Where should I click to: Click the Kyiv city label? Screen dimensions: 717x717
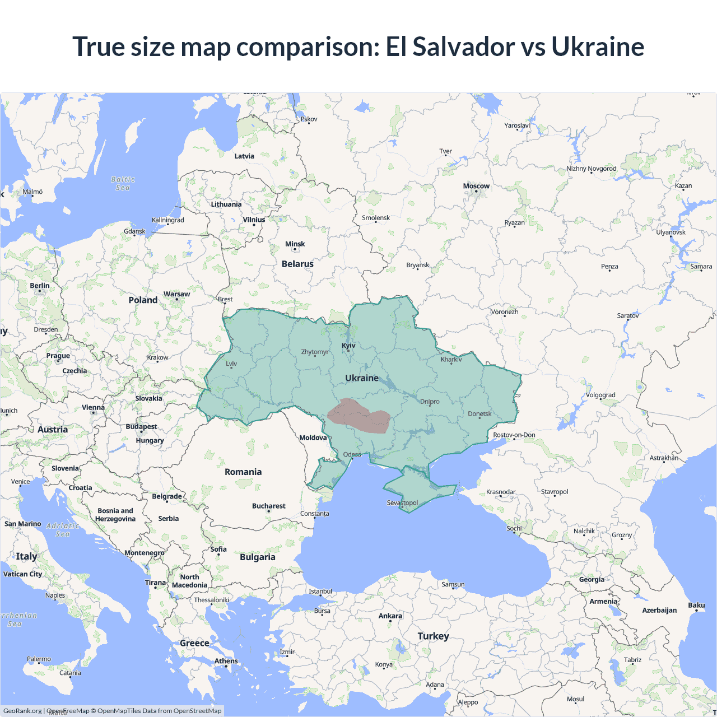coord(348,346)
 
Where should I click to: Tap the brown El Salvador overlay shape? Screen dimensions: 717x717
coord(358,416)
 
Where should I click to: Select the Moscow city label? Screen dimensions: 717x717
coord(476,186)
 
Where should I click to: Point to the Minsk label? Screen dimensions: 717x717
coord(295,244)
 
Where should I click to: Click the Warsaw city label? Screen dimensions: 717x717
coord(176,294)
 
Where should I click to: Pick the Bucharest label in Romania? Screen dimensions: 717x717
coord(268,506)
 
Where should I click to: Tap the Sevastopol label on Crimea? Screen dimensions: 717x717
coord(402,502)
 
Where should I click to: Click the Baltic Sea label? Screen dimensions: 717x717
coord(123,184)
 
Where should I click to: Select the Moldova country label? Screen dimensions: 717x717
coord(313,437)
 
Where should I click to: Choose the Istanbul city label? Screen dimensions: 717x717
coord(320,592)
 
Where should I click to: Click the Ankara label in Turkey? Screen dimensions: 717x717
coord(390,616)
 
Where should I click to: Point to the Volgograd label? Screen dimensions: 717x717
coord(600,395)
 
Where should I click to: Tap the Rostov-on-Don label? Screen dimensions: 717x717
coord(514,435)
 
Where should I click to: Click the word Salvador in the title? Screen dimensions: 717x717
coord(464,46)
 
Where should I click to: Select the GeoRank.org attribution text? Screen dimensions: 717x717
coord(22,711)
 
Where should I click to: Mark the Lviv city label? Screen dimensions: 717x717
coord(231,364)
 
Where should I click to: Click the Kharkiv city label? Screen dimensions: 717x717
coord(451,359)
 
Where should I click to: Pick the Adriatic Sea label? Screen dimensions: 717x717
coord(63,529)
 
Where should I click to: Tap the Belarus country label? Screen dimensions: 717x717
coord(297,264)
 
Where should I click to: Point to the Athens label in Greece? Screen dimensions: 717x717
coord(226,661)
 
